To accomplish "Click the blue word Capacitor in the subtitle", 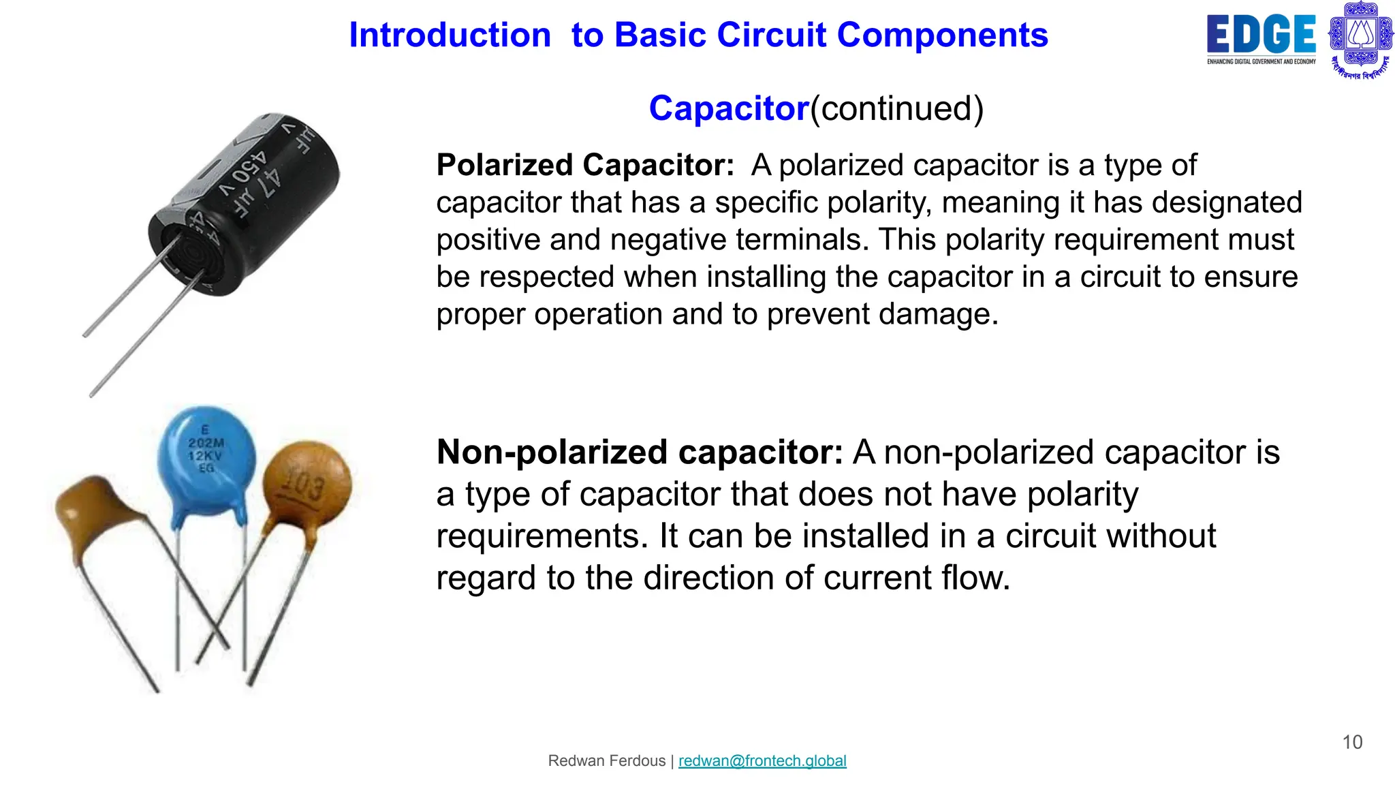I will (728, 108).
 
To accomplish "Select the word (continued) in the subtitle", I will (896, 108).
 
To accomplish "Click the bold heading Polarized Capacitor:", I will (585, 166).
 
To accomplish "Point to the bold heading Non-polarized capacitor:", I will (640, 452).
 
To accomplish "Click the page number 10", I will (1351, 742).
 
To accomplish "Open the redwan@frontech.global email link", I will (762, 760).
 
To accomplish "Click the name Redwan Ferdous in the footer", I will (606, 760).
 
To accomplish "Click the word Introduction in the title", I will (450, 35).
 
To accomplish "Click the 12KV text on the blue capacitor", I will (205, 456).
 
